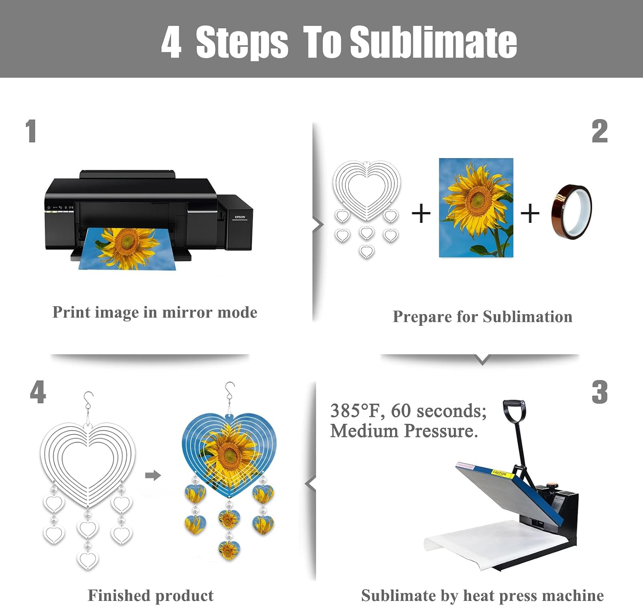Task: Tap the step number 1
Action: (31, 131)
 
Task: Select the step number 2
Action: (600, 131)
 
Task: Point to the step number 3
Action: (600, 392)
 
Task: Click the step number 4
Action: (38, 392)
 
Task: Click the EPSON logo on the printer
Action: (240, 217)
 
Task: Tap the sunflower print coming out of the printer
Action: (127, 249)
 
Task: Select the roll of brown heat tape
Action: (571, 212)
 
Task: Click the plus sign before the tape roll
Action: (530, 214)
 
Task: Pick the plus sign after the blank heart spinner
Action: (421, 214)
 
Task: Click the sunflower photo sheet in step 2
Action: (476, 207)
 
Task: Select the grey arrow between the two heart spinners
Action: (153, 475)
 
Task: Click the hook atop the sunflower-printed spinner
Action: (229, 391)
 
